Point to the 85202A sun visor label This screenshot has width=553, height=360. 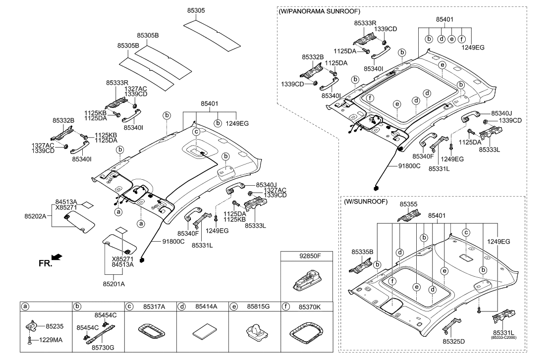pyautogui.click(x=35, y=216)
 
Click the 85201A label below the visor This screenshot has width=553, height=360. pyautogui.click(x=113, y=284)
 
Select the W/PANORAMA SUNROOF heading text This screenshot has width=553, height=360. pyautogui.click(x=319, y=11)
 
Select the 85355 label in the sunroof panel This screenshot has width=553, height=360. pyautogui.click(x=409, y=204)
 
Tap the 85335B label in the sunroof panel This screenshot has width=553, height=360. pyautogui.click(x=362, y=252)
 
